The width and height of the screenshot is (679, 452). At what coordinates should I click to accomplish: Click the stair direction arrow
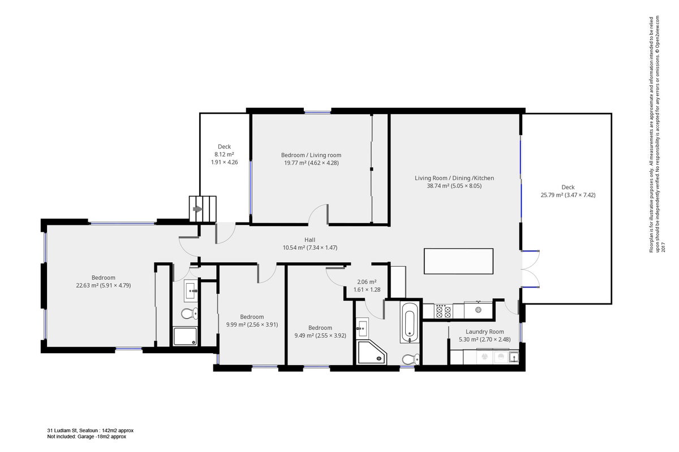197,209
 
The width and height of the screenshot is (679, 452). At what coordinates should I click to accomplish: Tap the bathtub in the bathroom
410,322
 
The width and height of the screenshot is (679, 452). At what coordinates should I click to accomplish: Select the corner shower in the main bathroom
372,352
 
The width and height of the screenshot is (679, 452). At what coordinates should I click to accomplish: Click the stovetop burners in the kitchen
444,311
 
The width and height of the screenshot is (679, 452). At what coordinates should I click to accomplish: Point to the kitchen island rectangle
458,261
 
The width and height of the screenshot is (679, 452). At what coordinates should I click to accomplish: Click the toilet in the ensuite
190,313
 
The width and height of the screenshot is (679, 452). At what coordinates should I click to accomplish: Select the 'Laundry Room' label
485,332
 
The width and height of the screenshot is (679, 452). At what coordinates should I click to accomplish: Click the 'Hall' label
310,240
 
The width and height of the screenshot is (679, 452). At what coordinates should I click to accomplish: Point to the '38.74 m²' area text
438,186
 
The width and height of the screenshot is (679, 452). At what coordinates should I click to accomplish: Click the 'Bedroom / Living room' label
311,155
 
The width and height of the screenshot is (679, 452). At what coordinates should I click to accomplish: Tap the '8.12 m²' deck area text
224,154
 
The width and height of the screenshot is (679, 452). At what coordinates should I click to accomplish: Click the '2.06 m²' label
367,282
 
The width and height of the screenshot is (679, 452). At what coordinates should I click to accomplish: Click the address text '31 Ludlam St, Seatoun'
72,430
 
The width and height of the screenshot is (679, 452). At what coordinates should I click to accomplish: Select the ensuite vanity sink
191,290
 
